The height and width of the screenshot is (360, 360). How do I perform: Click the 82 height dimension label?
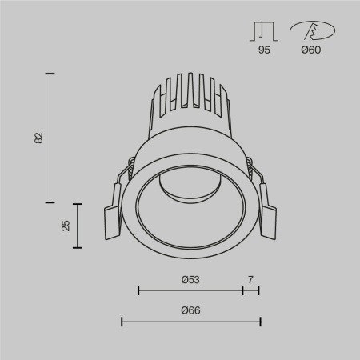click(x=38, y=138)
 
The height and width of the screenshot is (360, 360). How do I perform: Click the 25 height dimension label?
click(x=66, y=226)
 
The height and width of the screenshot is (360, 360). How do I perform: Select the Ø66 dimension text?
click(x=190, y=310)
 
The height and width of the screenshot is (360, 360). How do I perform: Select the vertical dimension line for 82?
click(x=52, y=138)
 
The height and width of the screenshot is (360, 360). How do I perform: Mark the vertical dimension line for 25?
click(x=78, y=225)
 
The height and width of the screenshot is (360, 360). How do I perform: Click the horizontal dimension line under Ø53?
click(x=190, y=290)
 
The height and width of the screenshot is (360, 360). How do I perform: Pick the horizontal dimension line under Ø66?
click(x=190, y=322)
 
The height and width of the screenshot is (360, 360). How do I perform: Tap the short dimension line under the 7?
click(x=250, y=290)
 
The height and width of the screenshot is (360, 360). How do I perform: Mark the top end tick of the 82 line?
click(x=52, y=74)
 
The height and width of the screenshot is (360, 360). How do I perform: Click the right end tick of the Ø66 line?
click(x=260, y=322)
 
